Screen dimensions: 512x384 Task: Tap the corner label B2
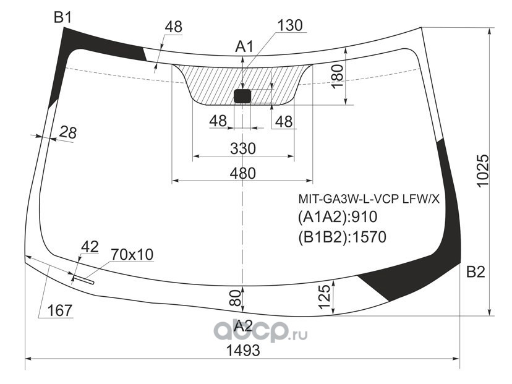click(x=476, y=271)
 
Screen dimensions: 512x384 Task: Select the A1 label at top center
click(x=244, y=47)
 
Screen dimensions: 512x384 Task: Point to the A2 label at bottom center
click(x=244, y=325)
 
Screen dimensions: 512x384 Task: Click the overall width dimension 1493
click(x=243, y=351)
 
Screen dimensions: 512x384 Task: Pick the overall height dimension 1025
click(x=484, y=171)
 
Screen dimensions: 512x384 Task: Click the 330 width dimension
click(x=243, y=148)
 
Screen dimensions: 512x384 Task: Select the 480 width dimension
click(x=242, y=173)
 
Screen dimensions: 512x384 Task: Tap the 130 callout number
click(x=290, y=25)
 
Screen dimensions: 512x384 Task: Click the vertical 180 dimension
click(x=337, y=76)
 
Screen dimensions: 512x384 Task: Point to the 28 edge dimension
click(x=68, y=132)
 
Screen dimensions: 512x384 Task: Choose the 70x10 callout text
click(x=132, y=254)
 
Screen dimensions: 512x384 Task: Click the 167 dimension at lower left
click(x=59, y=310)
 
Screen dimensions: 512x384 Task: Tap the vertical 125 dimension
click(x=324, y=297)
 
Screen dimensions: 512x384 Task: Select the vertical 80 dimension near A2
click(x=236, y=298)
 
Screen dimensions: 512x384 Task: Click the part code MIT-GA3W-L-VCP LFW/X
click(x=369, y=198)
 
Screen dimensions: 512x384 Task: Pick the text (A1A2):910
click(x=338, y=216)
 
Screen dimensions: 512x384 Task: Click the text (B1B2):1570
click(x=342, y=237)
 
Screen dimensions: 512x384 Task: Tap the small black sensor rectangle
click(x=242, y=96)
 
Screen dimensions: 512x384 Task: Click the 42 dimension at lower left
click(x=90, y=247)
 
